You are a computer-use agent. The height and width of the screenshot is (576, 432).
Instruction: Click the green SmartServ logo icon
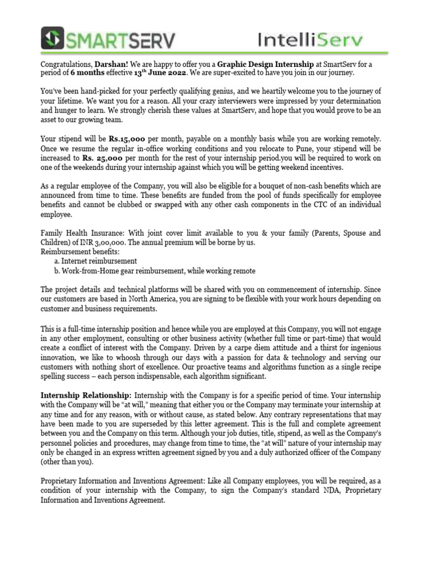(53, 39)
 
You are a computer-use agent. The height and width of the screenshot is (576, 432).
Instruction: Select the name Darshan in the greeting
(115, 64)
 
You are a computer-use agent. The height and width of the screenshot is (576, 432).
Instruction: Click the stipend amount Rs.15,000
(129, 138)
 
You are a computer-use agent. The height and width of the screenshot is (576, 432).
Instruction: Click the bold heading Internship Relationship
(86, 395)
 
